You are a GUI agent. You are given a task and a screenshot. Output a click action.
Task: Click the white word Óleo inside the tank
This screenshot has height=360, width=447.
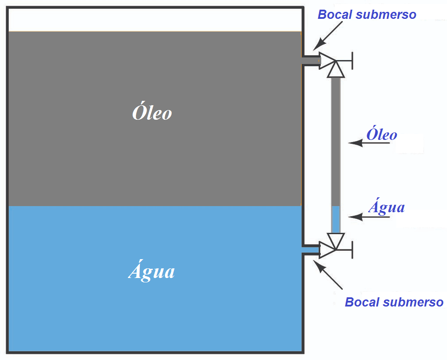tap(152, 113)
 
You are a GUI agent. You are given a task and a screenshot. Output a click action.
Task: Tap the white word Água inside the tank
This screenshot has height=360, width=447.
tap(152, 271)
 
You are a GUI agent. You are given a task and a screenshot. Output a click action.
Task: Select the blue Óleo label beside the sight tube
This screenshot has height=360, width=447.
tap(382, 135)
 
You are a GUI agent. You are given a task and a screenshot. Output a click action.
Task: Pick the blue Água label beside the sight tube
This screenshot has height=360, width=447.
tap(386, 207)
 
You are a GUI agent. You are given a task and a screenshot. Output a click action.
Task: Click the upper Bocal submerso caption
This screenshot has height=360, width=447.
tap(367, 14)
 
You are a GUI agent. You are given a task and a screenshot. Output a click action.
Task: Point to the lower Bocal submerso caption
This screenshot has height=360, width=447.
tap(394, 302)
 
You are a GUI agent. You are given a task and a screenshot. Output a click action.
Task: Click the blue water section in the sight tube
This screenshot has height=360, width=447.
tap(336, 219)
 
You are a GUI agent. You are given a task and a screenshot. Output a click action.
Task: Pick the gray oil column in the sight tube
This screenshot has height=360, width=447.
tap(336, 140)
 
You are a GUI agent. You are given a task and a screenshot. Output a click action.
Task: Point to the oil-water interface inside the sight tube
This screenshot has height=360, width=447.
tap(336, 206)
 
